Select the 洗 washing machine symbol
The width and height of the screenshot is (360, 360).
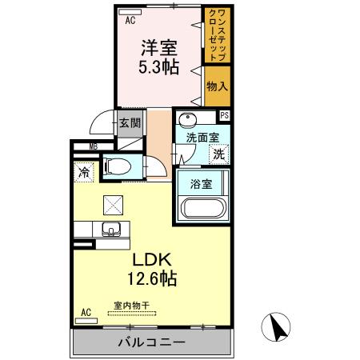point(218,154)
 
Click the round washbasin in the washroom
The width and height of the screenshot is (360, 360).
point(186,120)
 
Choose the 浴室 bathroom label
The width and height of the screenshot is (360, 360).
point(201,185)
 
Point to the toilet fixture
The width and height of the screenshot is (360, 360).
point(119,166)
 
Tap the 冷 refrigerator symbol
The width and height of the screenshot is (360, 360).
point(84,171)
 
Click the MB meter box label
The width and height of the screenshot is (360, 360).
point(94,146)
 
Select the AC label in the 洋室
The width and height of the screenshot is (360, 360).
point(129,22)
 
